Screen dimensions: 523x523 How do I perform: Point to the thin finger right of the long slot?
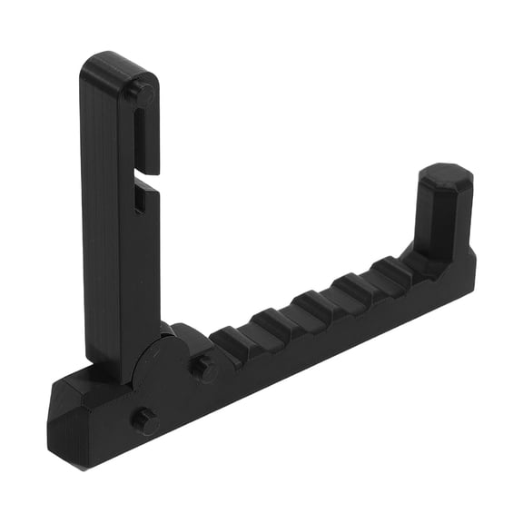pyautogui.click(x=152, y=136)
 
